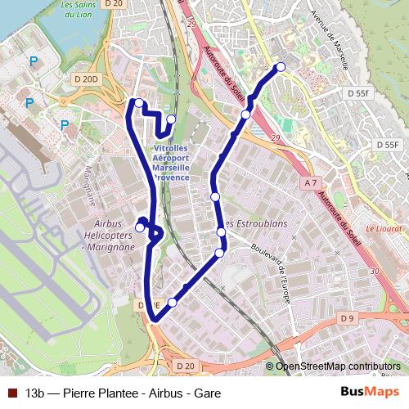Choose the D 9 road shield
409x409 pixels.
pos(348,317)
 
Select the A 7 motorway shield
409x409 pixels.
pos(310,183)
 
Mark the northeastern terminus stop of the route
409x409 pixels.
pos(281,67)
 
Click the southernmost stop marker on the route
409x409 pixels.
pos(172,303)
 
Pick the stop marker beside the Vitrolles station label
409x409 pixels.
pos(171,119)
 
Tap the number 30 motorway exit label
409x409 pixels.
pos(375,271)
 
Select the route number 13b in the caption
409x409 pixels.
pos(35,393)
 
